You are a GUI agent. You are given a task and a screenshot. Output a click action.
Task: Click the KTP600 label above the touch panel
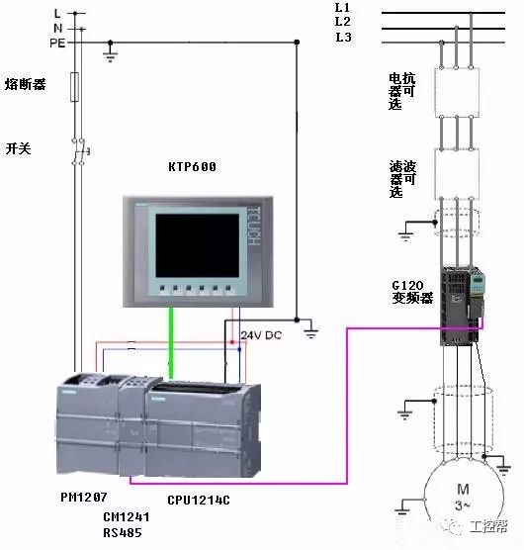click(192, 167)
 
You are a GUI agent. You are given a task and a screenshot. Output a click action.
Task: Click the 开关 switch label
click(19, 147)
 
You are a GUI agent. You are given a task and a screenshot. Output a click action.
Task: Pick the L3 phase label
click(343, 37)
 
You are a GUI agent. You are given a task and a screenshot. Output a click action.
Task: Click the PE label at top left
click(57, 43)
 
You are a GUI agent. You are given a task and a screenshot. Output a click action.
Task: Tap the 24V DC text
click(260, 335)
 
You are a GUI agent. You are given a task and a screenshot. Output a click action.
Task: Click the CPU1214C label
click(200, 501)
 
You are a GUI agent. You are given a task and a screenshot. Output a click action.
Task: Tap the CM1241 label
click(127, 516)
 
